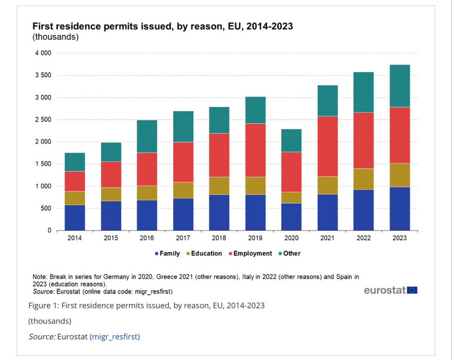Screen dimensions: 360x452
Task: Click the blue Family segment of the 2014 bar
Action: pos(75,218)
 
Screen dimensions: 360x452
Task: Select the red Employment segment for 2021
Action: pos(327,146)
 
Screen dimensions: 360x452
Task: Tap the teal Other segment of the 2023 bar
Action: pos(400,86)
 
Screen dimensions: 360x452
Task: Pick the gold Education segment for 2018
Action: pos(219,186)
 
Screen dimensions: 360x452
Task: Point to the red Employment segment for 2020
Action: pos(291,172)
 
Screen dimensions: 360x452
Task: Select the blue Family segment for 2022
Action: pos(363,210)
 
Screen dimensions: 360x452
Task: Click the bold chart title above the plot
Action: pos(162,26)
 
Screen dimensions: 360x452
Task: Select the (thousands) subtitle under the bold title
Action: pos(55,37)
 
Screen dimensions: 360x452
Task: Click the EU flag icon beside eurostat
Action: pos(412,290)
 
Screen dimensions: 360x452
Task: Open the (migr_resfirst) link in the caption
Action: pos(115,337)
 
